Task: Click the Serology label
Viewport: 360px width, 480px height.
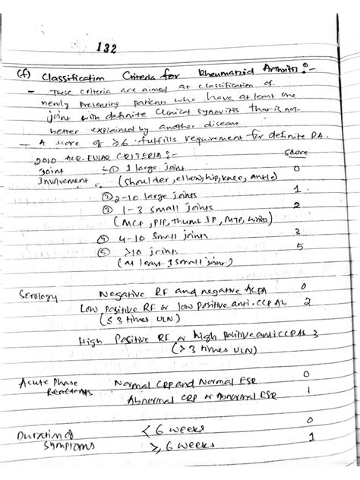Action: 35,292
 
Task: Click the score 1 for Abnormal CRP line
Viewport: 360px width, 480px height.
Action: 305,390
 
